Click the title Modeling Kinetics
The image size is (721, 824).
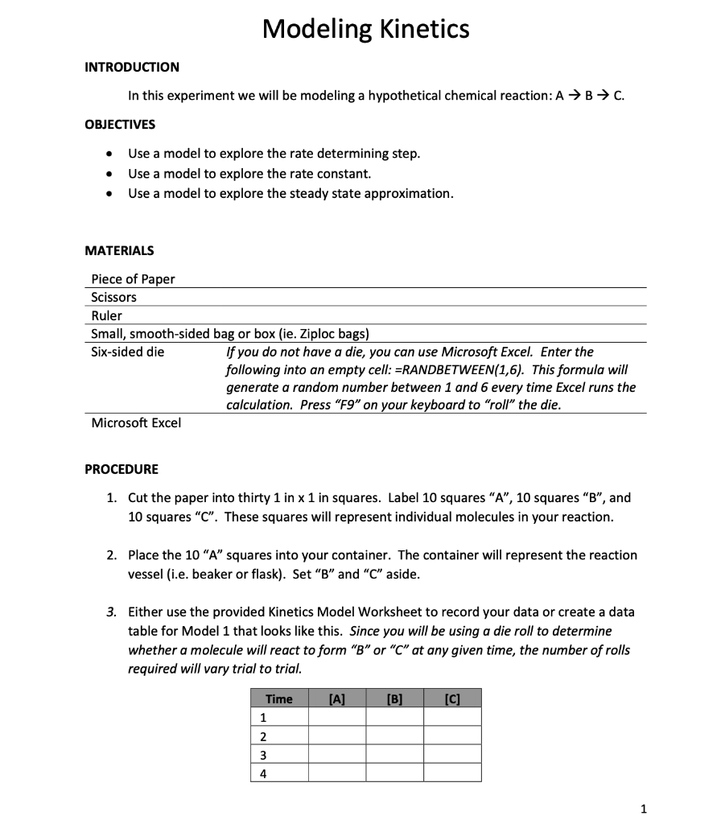click(365, 30)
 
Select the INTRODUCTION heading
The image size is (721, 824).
click(132, 67)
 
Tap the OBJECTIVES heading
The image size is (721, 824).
click(120, 124)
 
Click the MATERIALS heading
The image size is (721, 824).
click(119, 251)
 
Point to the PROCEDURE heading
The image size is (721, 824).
click(122, 469)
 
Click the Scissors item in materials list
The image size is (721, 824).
click(113, 297)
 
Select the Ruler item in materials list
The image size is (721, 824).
click(106, 315)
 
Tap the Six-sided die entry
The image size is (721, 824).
click(128, 352)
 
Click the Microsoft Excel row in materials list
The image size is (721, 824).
click(136, 422)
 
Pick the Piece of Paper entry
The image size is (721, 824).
click(133, 279)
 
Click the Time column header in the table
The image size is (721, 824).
click(279, 698)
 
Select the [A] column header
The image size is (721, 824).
click(337, 698)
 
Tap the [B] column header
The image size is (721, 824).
click(394, 698)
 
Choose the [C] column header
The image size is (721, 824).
click(452, 698)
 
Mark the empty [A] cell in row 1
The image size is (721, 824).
click(337, 717)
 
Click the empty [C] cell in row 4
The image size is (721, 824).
click(452, 773)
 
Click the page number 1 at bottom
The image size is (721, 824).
click(644, 807)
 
